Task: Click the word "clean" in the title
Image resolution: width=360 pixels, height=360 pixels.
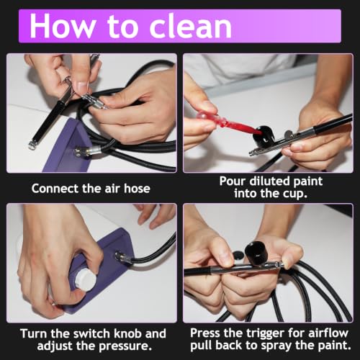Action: (x=191, y=26)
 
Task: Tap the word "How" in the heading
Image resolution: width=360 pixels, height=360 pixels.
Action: (x=63, y=26)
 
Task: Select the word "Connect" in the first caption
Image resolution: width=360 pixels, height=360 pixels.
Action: (x=55, y=189)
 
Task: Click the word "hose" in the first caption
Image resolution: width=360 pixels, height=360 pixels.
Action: (x=137, y=189)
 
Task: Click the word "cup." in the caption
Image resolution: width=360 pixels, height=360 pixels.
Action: (x=295, y=194)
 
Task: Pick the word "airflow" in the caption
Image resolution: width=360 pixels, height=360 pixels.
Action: (x=328, y=333)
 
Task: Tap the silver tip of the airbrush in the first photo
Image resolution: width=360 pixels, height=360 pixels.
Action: (x=32, y=145)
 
